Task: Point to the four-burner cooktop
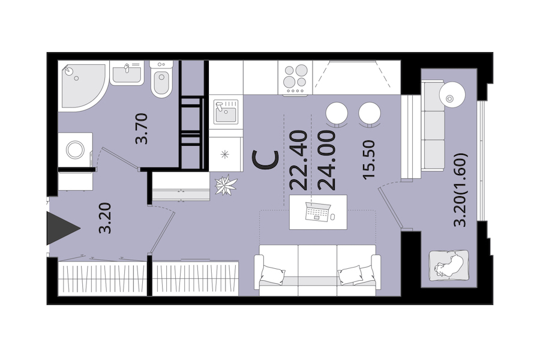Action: click(295, 78)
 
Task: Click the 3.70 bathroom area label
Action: click(141, 128)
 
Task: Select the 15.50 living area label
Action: click(368, 159)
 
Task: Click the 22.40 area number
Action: click(298, 160)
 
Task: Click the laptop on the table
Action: click(317, 211)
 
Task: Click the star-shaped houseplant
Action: click(226, 185)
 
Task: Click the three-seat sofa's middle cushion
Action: click(317, 265)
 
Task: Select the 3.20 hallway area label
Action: click(105, 218)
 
